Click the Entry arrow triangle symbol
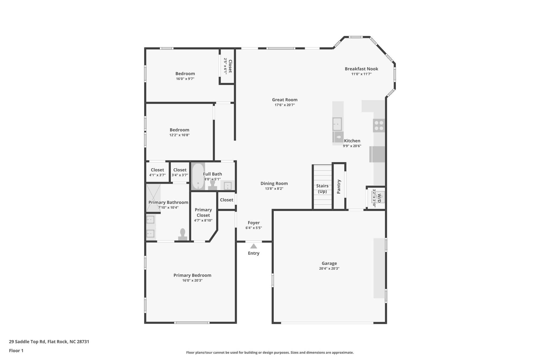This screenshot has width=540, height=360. pos(253,246)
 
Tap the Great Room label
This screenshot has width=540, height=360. pos(285,100)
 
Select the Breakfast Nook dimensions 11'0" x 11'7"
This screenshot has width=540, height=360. pos(361,74)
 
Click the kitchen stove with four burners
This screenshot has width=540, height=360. pos(379,126)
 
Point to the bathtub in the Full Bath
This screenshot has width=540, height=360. pos(198,176)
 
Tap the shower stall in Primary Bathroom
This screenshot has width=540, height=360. pos(153,198)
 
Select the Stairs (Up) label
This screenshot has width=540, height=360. pos(322,189)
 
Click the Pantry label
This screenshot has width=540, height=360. pos(339,186)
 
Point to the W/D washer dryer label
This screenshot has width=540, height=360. pos(379,198)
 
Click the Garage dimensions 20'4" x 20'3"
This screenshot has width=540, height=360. pos(329,268)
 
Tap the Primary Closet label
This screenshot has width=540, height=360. pos(203,212)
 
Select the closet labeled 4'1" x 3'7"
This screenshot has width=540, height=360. pos(157,172)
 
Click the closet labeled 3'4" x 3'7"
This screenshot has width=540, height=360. pos(180,172)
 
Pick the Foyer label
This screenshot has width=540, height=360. pos(254,223)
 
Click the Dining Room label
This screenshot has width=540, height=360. pos(274,183)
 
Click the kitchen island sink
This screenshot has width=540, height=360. pos(337,124)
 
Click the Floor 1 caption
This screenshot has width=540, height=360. pos(16,351)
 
